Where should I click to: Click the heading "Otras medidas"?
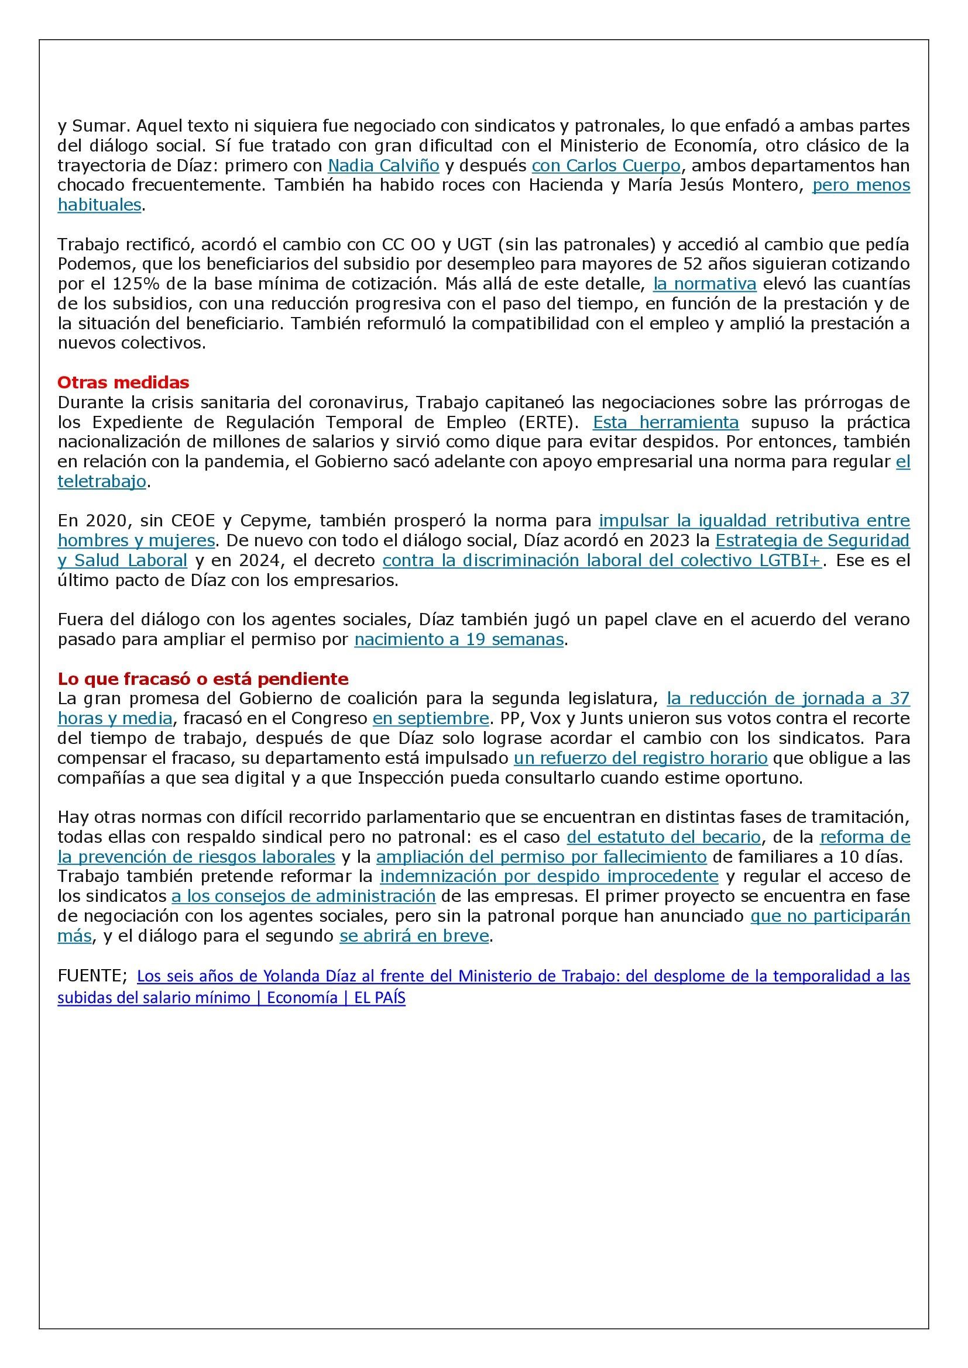pos(123,382)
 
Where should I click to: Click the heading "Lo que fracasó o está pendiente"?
pos(202,678)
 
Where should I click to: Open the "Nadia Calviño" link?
pos(383,165)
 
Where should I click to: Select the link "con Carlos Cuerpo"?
pos(606,165)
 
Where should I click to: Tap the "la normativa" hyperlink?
pos(705,284)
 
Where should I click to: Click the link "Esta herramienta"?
pos(666,422)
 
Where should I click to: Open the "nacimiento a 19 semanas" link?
pos(458,639)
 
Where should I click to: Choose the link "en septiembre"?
pos(430,718)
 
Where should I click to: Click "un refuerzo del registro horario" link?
pos(640,758)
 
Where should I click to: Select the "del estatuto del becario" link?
pos(664,837)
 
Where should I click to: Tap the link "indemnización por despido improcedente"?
pos(549,876)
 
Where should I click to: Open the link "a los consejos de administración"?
pos(303,895)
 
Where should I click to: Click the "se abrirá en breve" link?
pos(414,935)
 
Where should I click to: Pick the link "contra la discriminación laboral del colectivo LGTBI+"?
pos(602,560)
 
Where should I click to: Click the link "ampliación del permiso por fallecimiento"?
pos(541,857)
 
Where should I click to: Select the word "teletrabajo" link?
pos(102,481)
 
